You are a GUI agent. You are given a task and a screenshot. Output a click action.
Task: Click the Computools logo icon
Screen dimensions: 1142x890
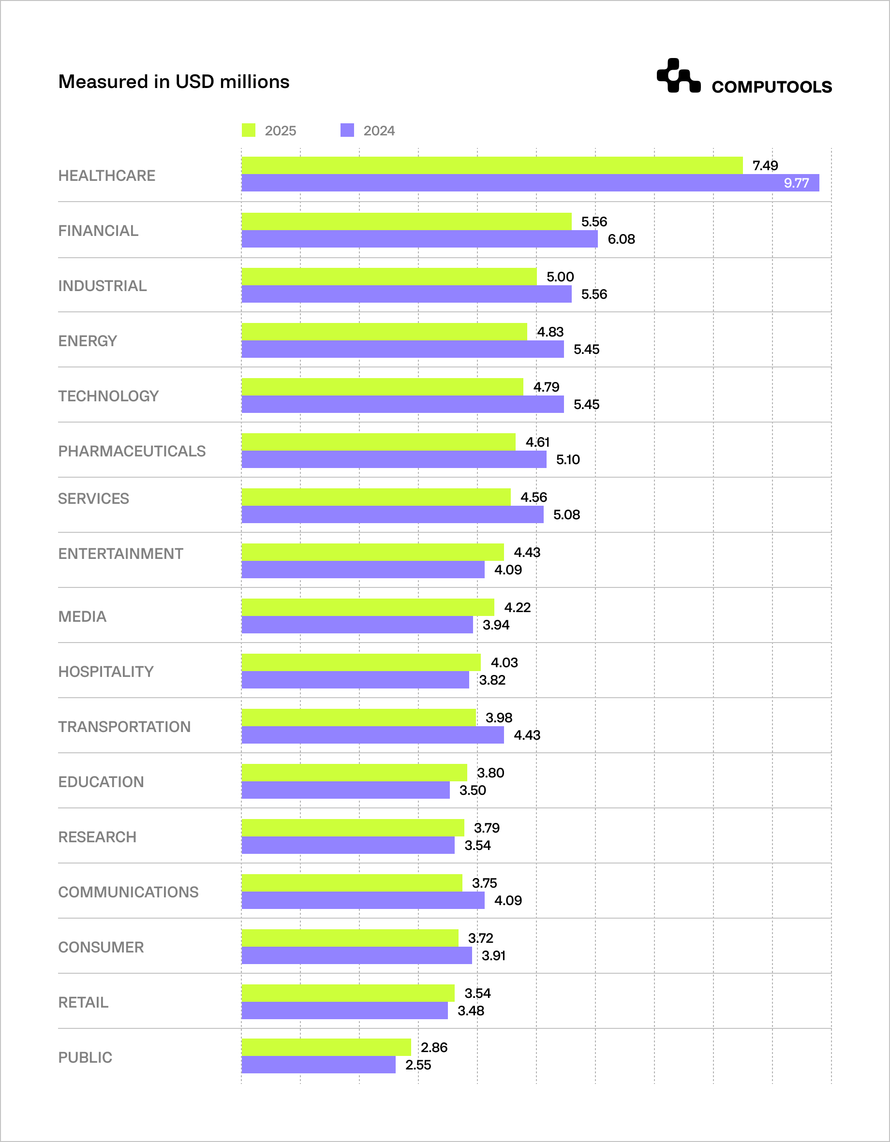coord(678,76)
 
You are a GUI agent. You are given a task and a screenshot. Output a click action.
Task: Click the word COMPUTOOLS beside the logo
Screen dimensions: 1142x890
coord(771,87)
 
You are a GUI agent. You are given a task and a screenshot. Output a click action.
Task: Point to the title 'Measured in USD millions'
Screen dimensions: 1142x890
coord(174,82)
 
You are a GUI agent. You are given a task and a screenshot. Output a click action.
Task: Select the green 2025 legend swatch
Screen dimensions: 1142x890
coord(249,130)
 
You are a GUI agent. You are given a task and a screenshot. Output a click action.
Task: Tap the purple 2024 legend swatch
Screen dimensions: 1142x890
coord(347,130)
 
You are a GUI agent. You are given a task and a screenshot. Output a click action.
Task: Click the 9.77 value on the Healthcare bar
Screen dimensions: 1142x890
coord(796,183)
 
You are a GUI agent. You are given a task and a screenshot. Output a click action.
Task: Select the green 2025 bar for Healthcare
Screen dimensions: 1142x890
coord(492,165)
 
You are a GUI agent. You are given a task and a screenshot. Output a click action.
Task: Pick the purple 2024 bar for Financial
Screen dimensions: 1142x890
coord(419,239)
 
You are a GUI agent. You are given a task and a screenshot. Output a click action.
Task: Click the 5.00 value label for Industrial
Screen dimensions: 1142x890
coord(560,277)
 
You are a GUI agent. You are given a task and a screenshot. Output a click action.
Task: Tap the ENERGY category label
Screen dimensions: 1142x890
coord(88,341)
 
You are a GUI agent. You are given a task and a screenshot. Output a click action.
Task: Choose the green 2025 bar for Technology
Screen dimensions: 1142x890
coord(382,387)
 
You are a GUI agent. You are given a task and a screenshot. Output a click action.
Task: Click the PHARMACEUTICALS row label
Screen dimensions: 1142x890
coord(132,451)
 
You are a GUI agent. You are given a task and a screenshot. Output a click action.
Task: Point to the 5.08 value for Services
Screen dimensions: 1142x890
coord(566,514)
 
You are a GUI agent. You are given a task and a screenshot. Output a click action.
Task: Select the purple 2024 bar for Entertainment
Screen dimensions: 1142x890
coord(363,570)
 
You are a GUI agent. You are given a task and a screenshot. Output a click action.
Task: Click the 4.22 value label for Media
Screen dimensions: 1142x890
coord(517,607)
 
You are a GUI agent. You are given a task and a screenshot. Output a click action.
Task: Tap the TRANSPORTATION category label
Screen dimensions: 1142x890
coord(124,727)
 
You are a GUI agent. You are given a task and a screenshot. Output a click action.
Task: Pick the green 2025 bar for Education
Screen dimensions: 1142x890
coord(354,772)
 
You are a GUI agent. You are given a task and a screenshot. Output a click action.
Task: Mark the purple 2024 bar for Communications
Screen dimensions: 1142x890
coord(363,900)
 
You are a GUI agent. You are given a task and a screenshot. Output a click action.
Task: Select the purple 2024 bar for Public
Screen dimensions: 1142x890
coord(318,1065)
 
